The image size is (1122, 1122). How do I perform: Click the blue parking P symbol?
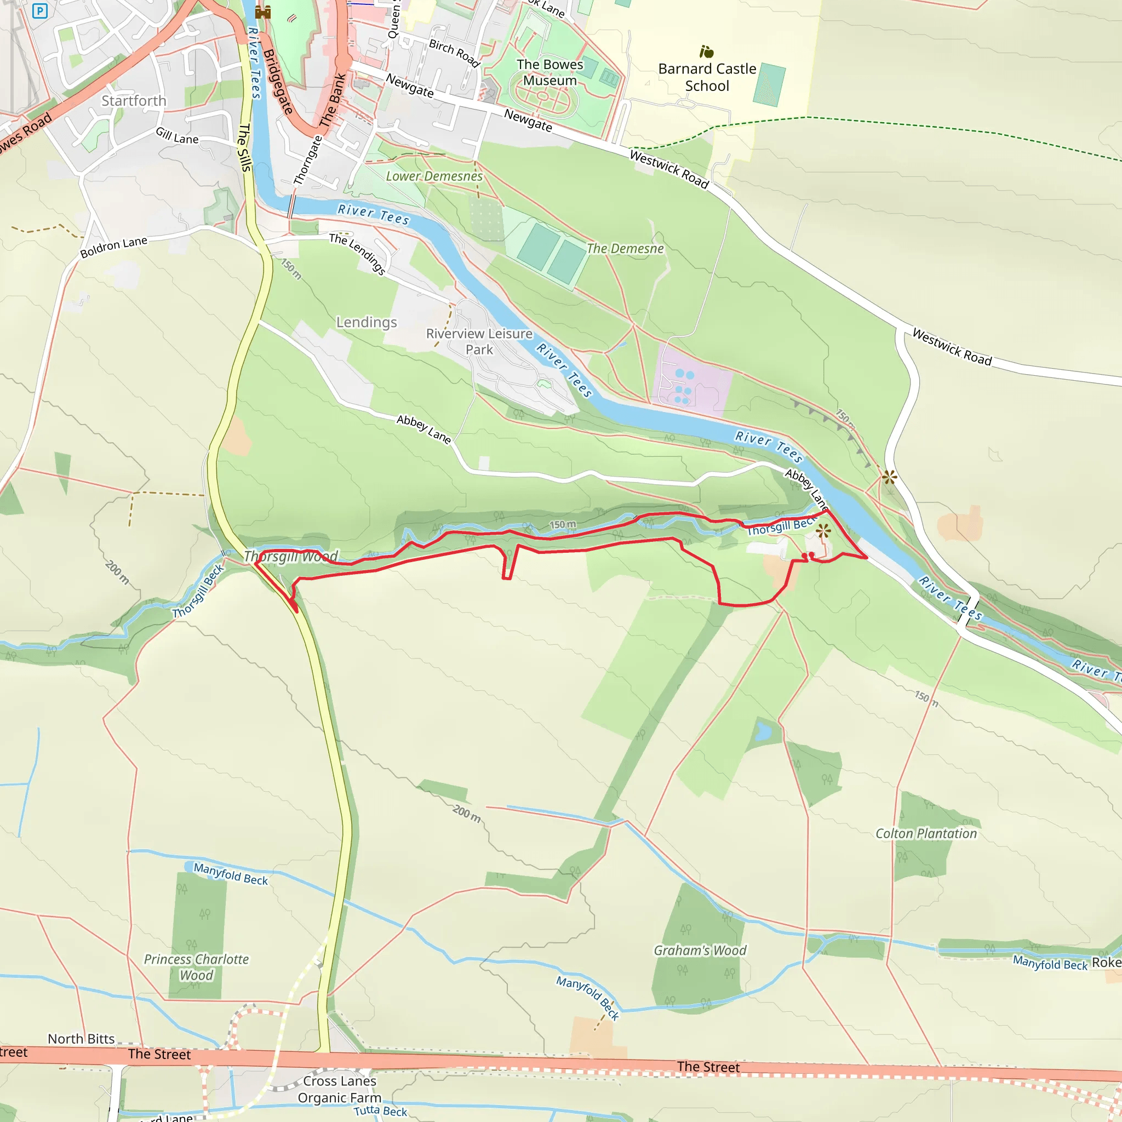click(39, 10)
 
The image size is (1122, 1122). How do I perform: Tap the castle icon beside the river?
click(263, 12)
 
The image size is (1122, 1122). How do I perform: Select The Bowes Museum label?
click(549, 73)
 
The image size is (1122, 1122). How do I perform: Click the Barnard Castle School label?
click(707, 77)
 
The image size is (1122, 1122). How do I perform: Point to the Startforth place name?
click(134, 101)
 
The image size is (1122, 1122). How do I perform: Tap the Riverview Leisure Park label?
click(479, 341)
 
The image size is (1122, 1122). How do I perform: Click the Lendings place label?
click(367, 322)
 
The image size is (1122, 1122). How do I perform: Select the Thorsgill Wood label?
click(290, 557)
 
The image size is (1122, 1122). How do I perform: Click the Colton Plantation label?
click(926, 833)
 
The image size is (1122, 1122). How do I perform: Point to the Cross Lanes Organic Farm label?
click(339, 1089)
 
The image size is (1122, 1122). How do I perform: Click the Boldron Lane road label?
click(113, 248)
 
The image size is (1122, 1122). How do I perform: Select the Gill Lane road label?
click(177, 136)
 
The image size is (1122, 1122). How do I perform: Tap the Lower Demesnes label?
click(434, 176)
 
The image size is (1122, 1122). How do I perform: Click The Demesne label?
click(625, 249)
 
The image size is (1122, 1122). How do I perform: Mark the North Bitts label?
click(81, 1039)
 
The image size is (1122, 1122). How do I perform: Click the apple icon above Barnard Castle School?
click(706, 51)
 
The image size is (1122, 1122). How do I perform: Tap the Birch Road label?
click(455, 53)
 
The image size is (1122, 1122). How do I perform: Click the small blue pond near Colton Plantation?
click(763, 732)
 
